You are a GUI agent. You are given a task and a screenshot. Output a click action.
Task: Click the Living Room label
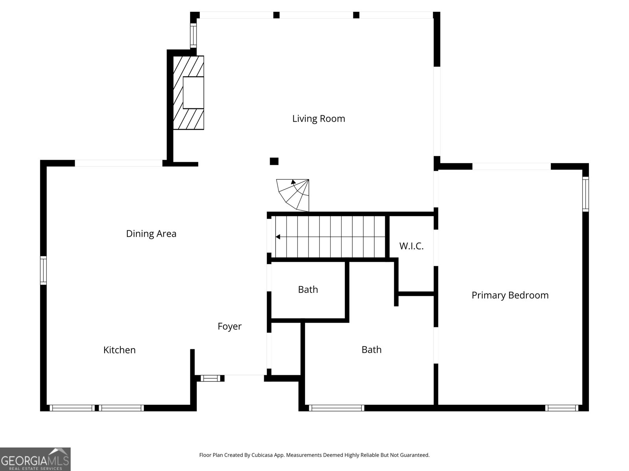click(x=318, y=119)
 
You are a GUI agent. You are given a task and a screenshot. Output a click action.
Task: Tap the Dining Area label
click(x=151, y=234)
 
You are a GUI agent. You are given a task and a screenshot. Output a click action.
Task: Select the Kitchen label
click(x=119, y=350)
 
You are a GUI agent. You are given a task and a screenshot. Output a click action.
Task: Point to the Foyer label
click(x=229, y=327)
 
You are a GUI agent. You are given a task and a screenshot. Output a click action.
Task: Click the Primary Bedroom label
click(x=510, y=296)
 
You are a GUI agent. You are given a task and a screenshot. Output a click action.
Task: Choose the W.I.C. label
click(x=411, y=246)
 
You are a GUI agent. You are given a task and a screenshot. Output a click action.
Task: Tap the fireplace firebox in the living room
click(x=193, y=93)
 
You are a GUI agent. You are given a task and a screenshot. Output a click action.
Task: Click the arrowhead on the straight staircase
click(x=278, y=237)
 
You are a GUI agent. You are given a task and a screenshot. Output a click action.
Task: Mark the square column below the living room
click(x=274, y=161)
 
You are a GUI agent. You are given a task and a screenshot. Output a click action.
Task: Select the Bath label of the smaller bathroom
click(x=308, y=290)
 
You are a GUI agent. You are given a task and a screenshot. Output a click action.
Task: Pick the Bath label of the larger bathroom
click(x=372, y=350)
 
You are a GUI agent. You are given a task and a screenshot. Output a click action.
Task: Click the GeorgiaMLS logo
click(x=35, y=459)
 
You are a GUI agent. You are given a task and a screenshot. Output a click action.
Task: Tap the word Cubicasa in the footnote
click(x=262, y=455)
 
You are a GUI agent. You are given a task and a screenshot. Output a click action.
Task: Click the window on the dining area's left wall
click(x=43, y=270)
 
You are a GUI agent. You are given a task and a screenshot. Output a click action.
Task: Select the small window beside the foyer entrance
click(x=210, y=378)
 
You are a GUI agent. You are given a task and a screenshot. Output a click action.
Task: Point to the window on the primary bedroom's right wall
click(x=585, y=194)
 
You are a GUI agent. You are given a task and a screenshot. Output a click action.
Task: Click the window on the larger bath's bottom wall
click(x=337, y=408)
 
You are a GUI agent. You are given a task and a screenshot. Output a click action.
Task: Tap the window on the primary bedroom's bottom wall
click(x=561, y=408)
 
